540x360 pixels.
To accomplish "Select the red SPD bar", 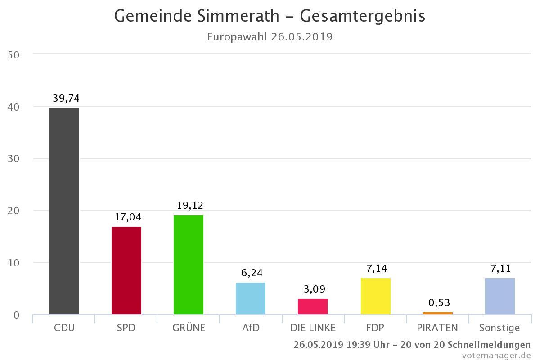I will (x=126, y=270).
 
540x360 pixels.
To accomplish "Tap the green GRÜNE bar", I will (x=189, y=265).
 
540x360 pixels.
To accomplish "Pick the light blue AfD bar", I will (x=251, y=298).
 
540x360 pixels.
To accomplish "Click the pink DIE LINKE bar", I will (x=313, y=306).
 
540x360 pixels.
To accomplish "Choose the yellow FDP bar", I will (x=376, y=296).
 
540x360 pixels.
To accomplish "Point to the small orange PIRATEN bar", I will (x=438, y=313).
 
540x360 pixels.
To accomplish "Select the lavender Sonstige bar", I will (x=500, y=296).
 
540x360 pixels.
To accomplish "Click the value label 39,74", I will (x=66, y=99).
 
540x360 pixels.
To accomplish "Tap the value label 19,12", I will (x=189, y=206).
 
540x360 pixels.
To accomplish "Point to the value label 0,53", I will (x=439, y=302).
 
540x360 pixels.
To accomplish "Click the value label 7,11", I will (x=500, y=269).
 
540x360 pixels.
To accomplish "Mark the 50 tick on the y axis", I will (x=13, y=55).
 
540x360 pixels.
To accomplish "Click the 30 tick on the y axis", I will (x=13, y=159).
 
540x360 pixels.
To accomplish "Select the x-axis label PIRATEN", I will (x=438, y=328).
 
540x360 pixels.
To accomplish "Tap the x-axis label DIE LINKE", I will (x=313, y=328).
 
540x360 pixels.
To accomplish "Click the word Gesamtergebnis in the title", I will (x=362, y=16).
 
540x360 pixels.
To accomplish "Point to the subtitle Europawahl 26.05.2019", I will (x=270, y=37).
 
